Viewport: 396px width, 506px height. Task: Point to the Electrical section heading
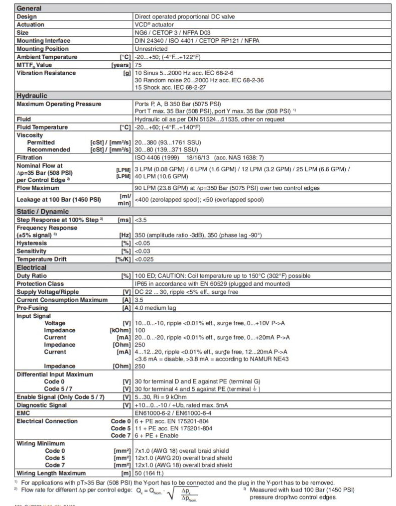31,267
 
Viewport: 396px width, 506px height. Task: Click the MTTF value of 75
138,65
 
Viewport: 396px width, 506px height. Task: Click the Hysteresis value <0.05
143,244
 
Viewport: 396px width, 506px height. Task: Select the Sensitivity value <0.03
143,252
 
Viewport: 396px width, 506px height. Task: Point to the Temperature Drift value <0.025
145,259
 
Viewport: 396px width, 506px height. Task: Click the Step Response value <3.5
141,219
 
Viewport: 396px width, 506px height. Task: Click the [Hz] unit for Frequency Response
125,235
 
